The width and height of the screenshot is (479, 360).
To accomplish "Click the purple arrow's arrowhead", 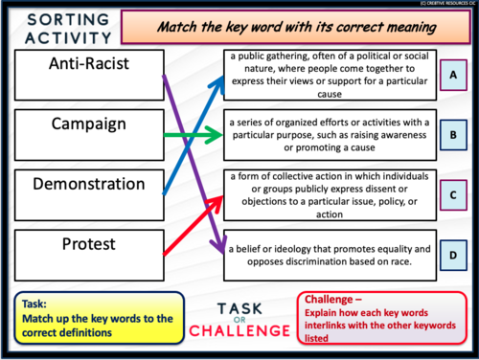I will (216, 243).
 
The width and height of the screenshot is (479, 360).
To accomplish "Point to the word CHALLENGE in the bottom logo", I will (239, 330).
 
